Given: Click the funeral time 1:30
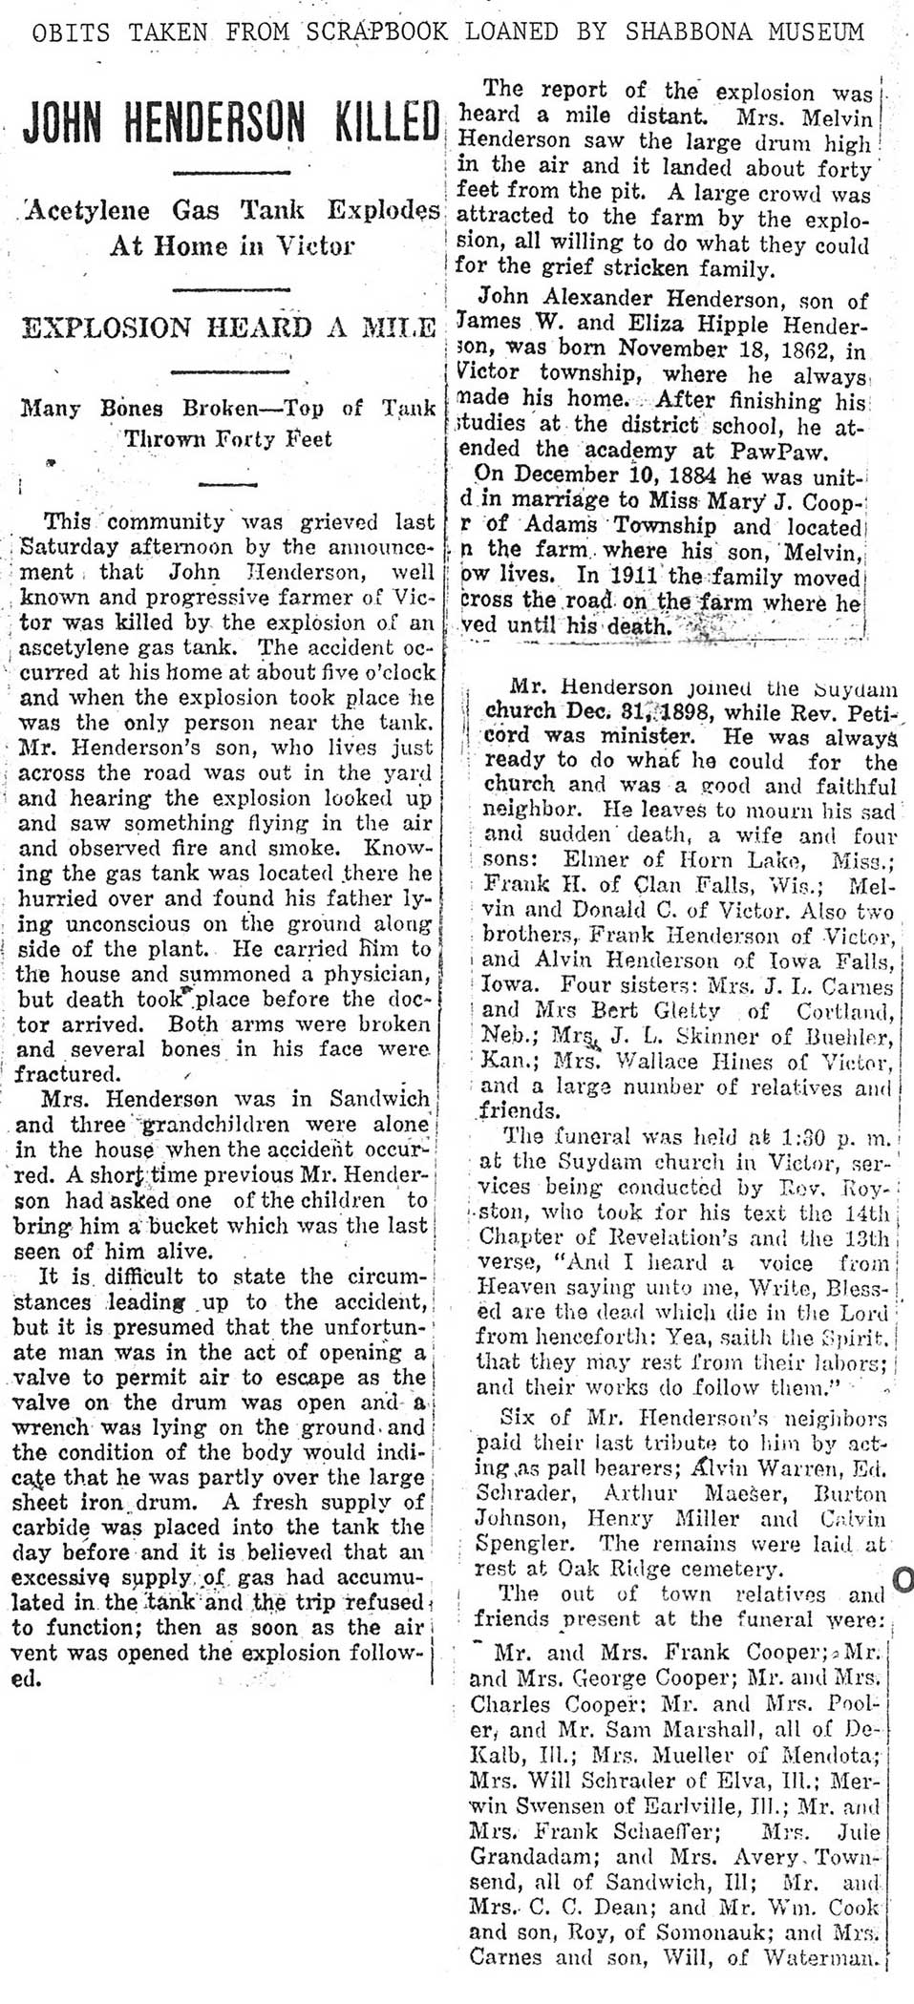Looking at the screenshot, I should pos(776,1137).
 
